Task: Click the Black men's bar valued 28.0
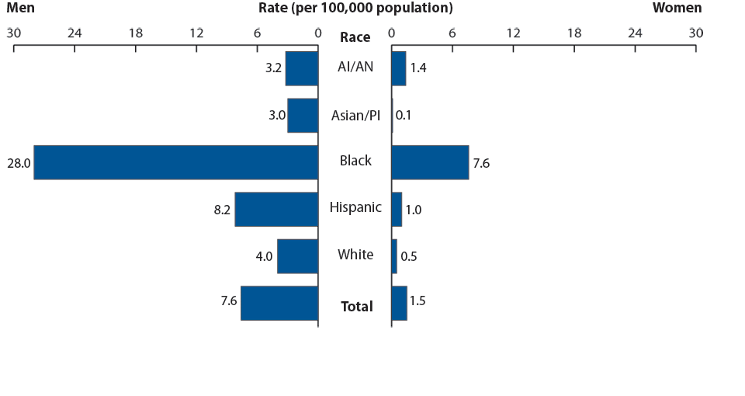(x=175, y=162)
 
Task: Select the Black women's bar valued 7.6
(x=430, y=162)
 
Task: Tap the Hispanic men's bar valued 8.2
(x=276, y=210)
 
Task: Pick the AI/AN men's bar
(x=302, y=68)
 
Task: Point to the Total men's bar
(x=279, y=303)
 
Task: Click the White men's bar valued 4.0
(x=297, y=256)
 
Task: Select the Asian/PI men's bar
(x=303, y=116)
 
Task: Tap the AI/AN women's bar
(x=399, y=68)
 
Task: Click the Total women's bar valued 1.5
(x=399, y=303)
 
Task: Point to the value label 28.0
(x=18, y=164)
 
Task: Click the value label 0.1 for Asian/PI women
(x=404, y=116)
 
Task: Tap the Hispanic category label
(x=355, y=207)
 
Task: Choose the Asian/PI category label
(x=355, y=115)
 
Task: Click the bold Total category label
(x=356, y=307)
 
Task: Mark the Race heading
(x=355, y=37)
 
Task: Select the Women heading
(x=677, y=9)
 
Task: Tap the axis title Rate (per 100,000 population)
(x=355, y=9)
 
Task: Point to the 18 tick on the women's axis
(x=574, y=33)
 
